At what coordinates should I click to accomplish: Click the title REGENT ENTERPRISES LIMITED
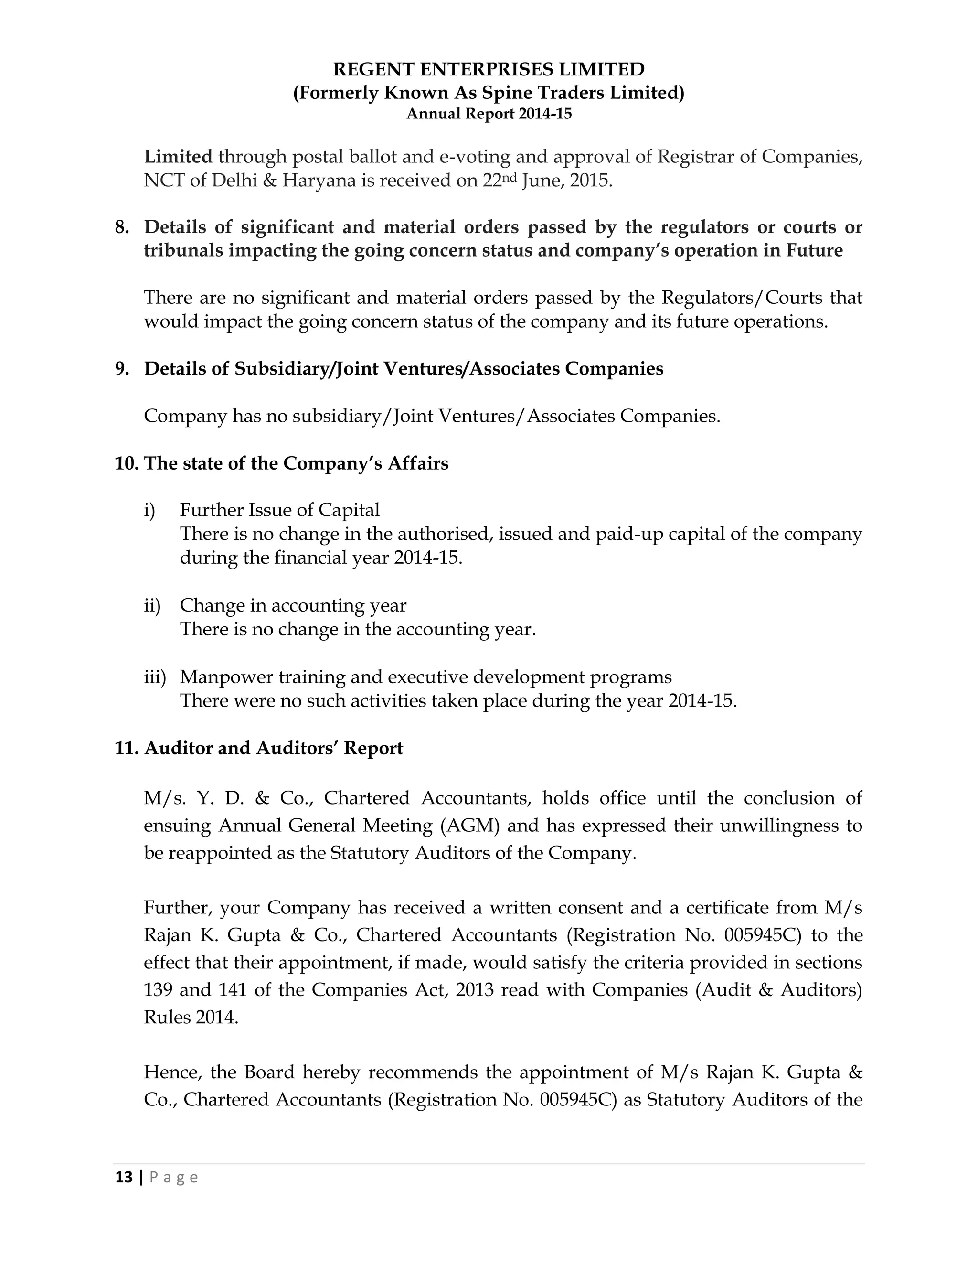[x=489, y=70]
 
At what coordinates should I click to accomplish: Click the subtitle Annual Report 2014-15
[x=489, y=114]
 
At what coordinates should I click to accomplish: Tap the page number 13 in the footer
[x=124, y=1177]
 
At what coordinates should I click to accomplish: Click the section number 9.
[x=122, y=369]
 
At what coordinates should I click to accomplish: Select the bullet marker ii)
[x=152, y=605]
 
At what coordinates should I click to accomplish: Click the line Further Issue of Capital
[x=279, y=510]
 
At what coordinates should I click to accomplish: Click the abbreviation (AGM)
[x=469, y=826]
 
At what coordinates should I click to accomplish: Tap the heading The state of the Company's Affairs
[x=296, y=464]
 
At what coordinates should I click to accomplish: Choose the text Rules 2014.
[x=191, y=1017]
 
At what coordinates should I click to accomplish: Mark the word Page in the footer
[x=174, y=1177]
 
